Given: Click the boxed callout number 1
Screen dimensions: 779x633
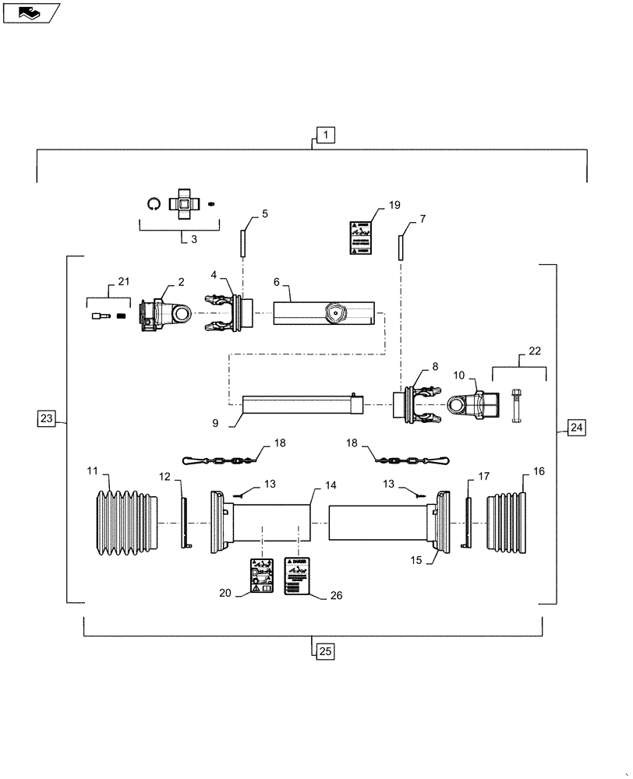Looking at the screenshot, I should tap(324, 135).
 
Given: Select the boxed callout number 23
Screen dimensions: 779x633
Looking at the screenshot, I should tap(47, 419).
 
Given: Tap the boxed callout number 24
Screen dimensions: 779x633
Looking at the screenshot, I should tap(575, 427).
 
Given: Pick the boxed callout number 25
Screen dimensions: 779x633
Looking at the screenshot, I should tap(324, 650).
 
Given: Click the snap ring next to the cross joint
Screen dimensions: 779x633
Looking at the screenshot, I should tap(154, 203).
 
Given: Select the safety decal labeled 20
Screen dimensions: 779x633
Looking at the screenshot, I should tap(260, 576).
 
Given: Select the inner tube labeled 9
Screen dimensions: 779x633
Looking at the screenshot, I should tap(300, 404).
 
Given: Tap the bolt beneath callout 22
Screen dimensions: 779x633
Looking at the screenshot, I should tap(515, 404).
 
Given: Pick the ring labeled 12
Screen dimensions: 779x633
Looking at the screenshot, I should tap(186, 523).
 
